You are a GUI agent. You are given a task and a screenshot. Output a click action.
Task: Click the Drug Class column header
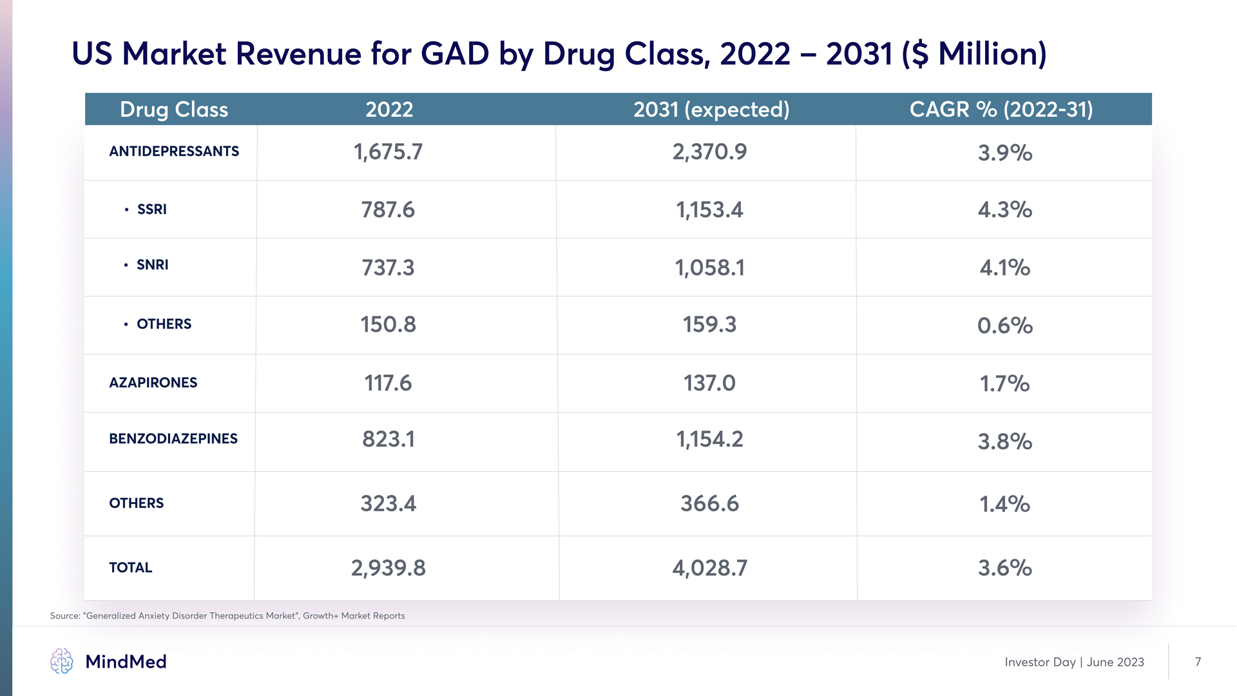pos(174,110)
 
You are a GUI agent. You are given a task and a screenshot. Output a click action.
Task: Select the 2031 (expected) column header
pos(711,110)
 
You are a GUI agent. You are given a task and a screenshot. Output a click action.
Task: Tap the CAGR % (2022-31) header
pos(1001,110)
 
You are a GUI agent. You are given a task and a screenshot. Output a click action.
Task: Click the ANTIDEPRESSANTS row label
pos(174,151)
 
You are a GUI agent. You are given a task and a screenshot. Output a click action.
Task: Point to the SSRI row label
pos(152,209)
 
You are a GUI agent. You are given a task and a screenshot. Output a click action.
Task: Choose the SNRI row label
pos(153,265)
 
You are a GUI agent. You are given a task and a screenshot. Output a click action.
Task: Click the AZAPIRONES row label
pos(153,383)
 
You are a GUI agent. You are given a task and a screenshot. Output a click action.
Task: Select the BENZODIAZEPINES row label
pos(173,439)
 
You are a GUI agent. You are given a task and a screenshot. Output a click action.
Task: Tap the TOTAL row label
pos(131,568)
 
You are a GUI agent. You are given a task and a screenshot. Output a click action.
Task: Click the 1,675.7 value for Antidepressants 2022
pos(388,152)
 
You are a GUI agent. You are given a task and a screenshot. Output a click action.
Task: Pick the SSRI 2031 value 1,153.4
pos(709,210)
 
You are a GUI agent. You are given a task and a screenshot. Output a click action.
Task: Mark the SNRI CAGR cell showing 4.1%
pos(1005,267)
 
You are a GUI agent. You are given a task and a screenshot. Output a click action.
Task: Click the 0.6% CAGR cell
pos(1005,325)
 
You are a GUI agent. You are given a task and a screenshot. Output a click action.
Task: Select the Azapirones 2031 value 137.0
pos(709,383)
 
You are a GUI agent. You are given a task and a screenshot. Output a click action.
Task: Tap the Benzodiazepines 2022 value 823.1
pos(388,440)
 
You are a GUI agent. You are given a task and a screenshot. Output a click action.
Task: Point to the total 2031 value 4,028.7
pos(709,568)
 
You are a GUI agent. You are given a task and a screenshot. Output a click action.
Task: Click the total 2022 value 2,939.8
pos(388,568)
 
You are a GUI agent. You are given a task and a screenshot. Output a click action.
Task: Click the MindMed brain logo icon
pos(62,661)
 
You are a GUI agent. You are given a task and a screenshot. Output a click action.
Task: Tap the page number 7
pos(1198,662)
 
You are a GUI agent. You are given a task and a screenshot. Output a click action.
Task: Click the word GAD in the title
pos(455,53)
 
